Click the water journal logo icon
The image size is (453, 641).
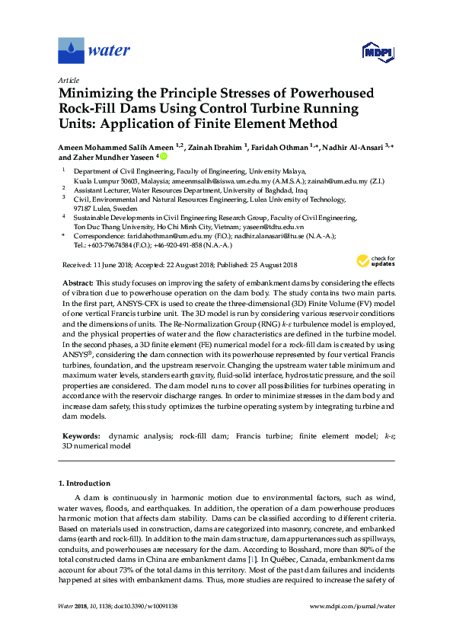click(72, 51)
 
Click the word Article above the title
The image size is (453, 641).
click(69, 79)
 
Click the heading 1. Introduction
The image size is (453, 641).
click(85, 483)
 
